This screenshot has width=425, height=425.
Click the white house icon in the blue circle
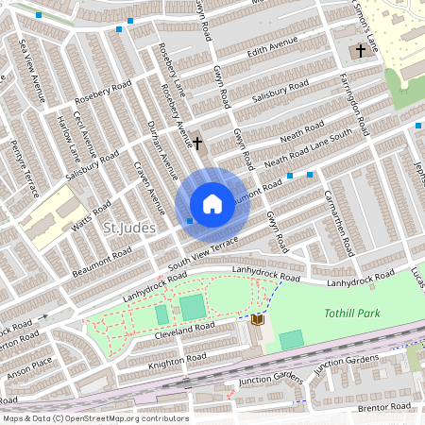tap(212, 203)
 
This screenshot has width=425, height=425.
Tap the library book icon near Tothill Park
tap(257, 320)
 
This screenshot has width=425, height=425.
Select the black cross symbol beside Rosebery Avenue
tap(197, 144)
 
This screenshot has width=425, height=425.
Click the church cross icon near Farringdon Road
tap(361, 50)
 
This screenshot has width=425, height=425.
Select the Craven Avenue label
tap(147, 188)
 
